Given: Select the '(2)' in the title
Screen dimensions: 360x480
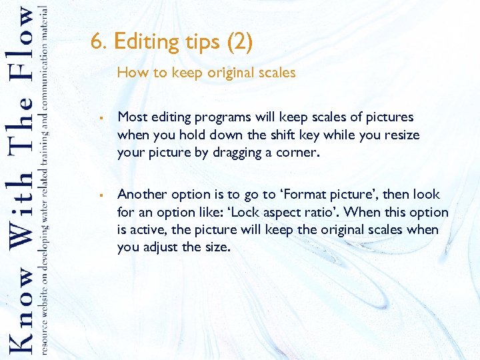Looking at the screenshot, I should click(x=239, y=43).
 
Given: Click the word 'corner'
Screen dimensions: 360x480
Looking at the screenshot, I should click(x=298, y=153).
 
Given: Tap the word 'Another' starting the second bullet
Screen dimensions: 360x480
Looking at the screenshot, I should click(x=142, y=194).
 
